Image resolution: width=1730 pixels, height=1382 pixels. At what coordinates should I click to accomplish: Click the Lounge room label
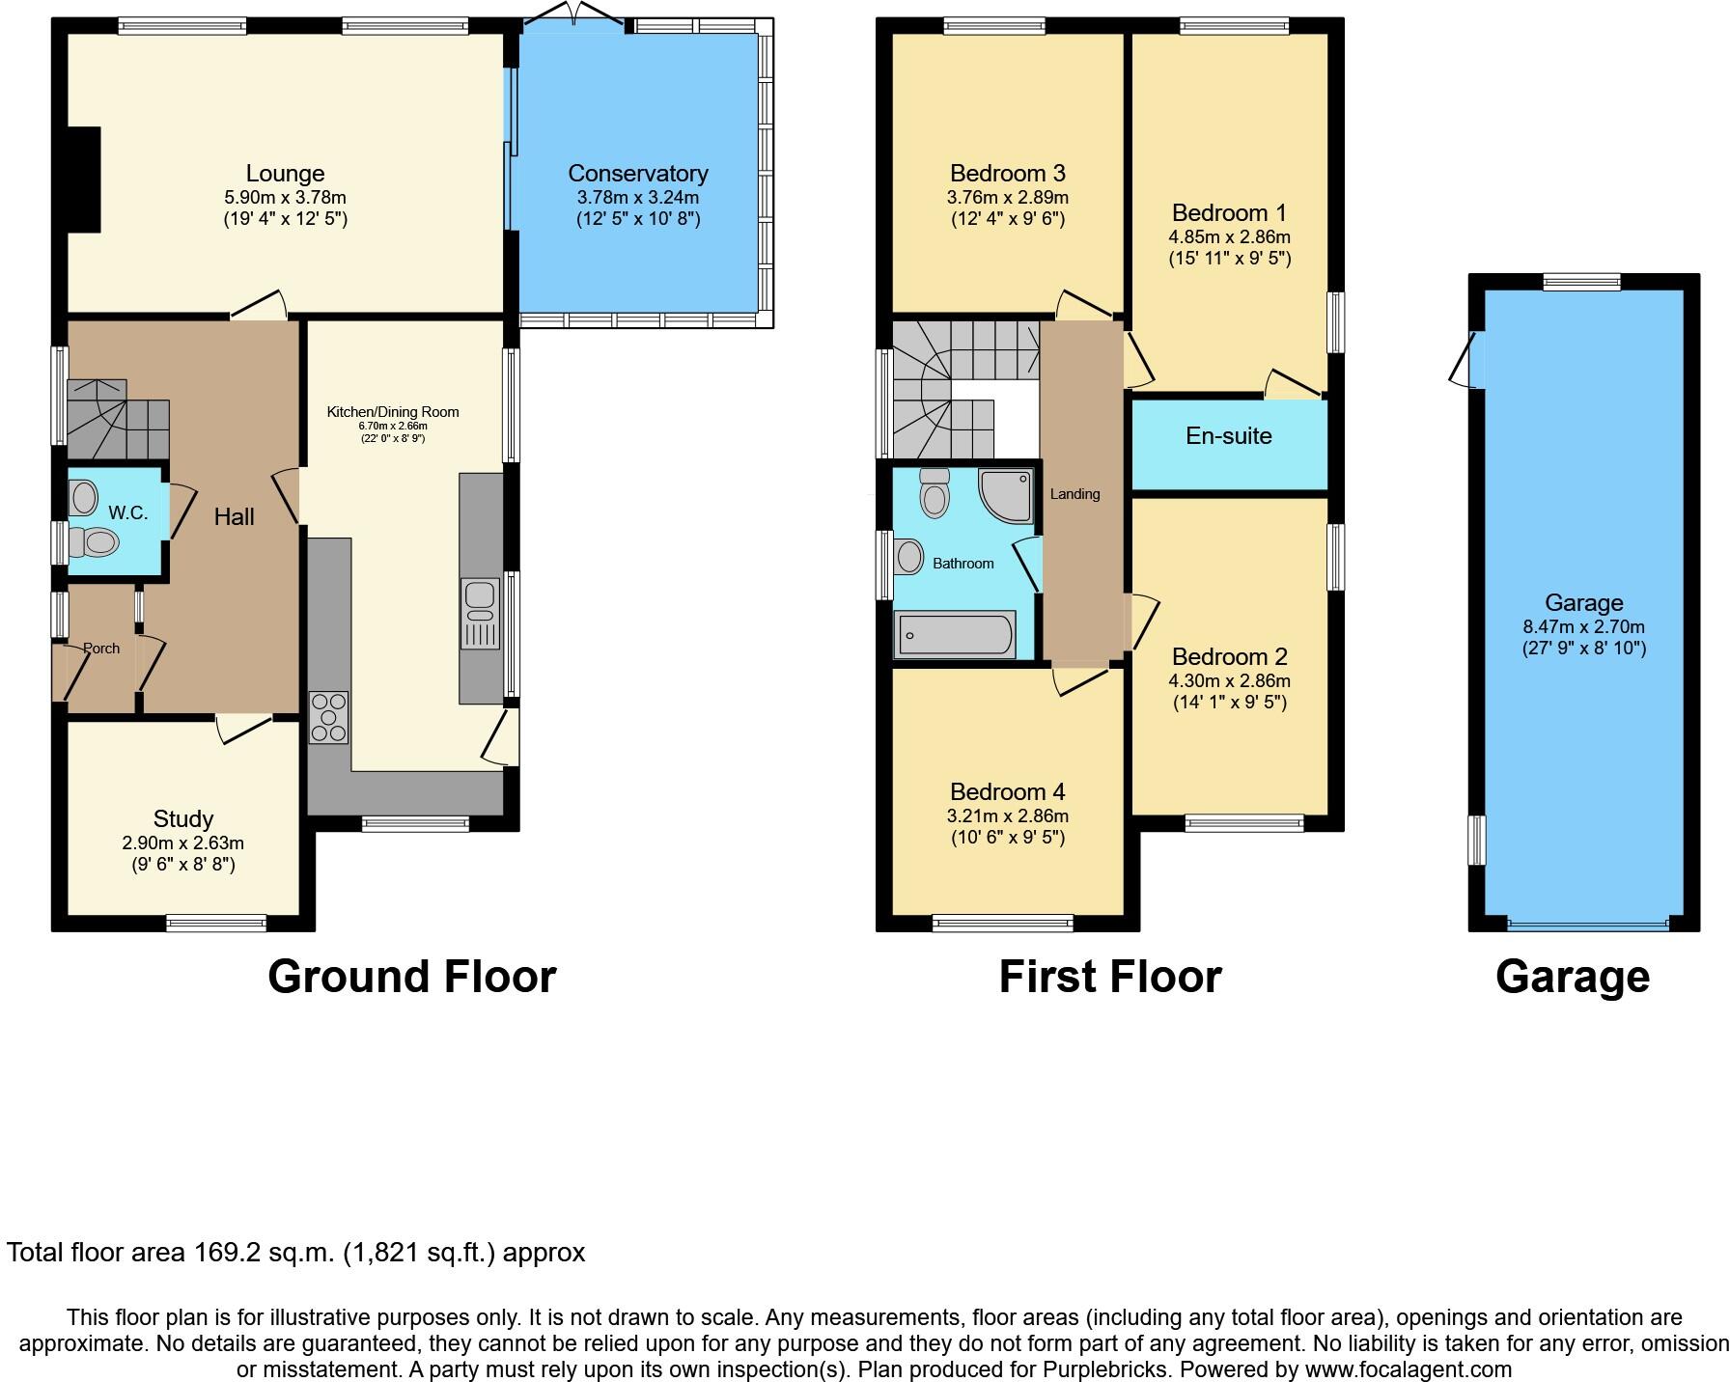coord(285,174)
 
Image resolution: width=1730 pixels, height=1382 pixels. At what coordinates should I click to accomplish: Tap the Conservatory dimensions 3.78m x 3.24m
coord(637,198)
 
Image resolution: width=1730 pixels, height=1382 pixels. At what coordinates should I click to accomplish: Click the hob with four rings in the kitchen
coord(328,717)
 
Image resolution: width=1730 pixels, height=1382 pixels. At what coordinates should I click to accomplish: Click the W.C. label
coord(127,512)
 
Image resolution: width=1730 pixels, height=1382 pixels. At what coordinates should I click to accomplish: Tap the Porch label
coord(101,649)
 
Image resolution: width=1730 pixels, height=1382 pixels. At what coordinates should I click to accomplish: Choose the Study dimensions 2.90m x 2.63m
coord(182,843)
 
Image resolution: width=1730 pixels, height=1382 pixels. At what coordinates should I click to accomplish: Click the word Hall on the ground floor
coord(234,517)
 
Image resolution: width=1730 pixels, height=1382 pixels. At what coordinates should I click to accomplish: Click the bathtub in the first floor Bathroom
coord(954,635)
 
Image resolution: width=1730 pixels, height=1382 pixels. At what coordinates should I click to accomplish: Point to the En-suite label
coord(1228,436)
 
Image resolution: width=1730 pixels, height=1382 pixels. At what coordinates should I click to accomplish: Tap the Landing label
coord(1074,494)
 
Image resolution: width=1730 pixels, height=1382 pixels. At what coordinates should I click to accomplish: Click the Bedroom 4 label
coord(1007,792)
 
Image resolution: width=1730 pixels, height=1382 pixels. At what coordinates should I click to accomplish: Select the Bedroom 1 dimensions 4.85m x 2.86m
coord(1229,237)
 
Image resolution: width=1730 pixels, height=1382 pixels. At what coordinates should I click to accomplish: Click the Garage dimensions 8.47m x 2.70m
coord(1583,627)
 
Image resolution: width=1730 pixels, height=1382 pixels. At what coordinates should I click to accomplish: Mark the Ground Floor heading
coord(411,977)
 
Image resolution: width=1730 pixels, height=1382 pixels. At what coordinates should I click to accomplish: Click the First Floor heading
coord(1109,977)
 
